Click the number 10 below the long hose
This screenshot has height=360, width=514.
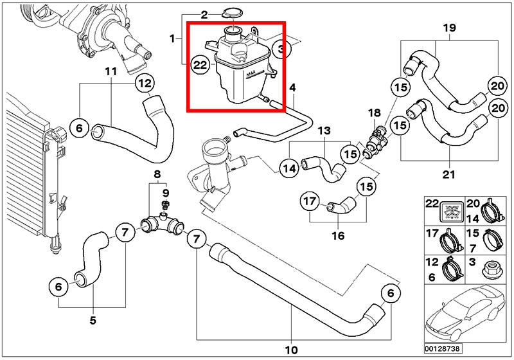[x=290, y=350]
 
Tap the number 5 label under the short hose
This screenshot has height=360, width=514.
[x=93, y=320]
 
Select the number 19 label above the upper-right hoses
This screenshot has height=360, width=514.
[x=448, y=28]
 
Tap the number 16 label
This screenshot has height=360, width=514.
[x=337, y=235]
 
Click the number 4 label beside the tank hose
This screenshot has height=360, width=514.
[x=292, y=87]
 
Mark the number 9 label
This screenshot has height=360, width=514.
[x=165, y=192]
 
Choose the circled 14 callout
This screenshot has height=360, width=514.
[x=289, y=168]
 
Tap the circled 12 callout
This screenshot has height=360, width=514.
[x=145, y=83]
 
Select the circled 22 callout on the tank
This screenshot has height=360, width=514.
[x=200, y=64]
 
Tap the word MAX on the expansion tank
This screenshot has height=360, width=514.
[x=251, y=75]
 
